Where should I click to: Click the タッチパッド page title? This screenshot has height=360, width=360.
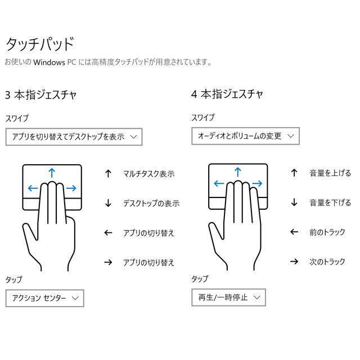click(x=40, y=44)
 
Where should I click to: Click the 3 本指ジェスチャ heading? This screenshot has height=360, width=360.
click(x=40, y=94)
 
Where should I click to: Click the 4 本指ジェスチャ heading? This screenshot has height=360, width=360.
click(x=227, y=94)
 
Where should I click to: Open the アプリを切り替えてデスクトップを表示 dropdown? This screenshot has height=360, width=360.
click(x=74, y=137)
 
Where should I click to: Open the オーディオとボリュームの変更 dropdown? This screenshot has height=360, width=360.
click(x=245, y=136)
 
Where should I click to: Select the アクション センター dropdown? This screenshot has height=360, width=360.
click(x=45, y=298)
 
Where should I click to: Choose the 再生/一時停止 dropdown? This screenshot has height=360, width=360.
click(x=229, y=298)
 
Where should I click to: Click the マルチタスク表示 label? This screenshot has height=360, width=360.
click(x=148, y=174)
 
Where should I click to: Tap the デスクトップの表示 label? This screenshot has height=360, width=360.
click(x=151, y=203)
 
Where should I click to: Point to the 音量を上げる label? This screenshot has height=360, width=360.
click(x=330, y=173)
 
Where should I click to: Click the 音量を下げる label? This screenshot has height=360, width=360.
click(x=330, y=202)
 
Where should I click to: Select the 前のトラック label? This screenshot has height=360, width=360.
click(x=327, y=232)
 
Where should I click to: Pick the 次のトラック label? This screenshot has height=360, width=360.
click(x=327, y=262)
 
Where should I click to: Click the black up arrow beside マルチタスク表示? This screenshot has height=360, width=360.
click(x=108, y=174)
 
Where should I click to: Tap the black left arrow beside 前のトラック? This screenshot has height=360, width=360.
click(x=294, y=232)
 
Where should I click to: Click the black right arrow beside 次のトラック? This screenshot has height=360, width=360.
click(x=294, y=261)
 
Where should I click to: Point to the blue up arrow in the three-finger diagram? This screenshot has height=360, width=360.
click(x=52, y=173)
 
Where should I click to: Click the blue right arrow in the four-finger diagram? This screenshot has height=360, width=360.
click(x=257, y=183)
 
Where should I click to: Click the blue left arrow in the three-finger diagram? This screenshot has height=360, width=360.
click(x=33, y=188)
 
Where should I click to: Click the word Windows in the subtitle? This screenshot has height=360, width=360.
click(x=49, y=62)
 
